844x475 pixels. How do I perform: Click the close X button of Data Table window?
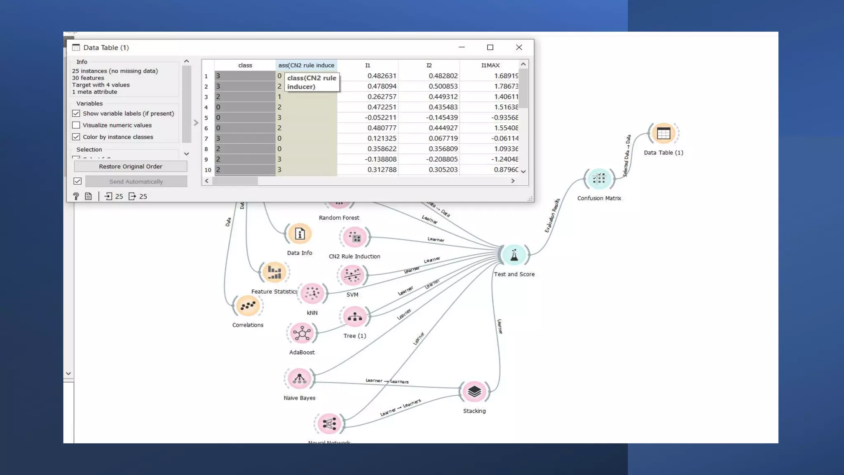[x=519, y=47]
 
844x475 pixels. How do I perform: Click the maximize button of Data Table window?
[x=490, y=47]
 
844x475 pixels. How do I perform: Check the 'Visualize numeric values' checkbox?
[x=76, y=125]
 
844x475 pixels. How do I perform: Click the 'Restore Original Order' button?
[x=130, y=166]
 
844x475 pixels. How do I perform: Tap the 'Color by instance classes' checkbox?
[x=76, y=137]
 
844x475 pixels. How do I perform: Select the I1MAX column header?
[x=490, y=65]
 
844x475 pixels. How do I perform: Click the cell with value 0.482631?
[x=382, y=76]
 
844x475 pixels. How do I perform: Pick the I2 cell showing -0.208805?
[x=443, y=159]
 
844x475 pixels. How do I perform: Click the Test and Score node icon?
[x=514, y=255]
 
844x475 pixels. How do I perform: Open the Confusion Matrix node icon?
[x=599, y=179]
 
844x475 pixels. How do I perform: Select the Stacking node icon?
[x=474, y=391]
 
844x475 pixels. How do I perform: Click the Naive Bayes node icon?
[x=300, y=379]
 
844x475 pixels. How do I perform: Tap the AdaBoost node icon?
[x=302, y=333]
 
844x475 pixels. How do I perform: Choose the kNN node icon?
[x=312, y=294]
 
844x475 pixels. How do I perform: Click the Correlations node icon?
[x=248, y=306]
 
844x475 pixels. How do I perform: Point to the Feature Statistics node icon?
[x=274, y=272]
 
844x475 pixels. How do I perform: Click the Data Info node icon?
[x=300, y=234]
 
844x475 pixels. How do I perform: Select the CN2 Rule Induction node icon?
[x=354, y=237]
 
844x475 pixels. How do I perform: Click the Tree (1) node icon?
[x=355, y=317]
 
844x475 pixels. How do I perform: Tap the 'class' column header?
[x=245, y=65]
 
